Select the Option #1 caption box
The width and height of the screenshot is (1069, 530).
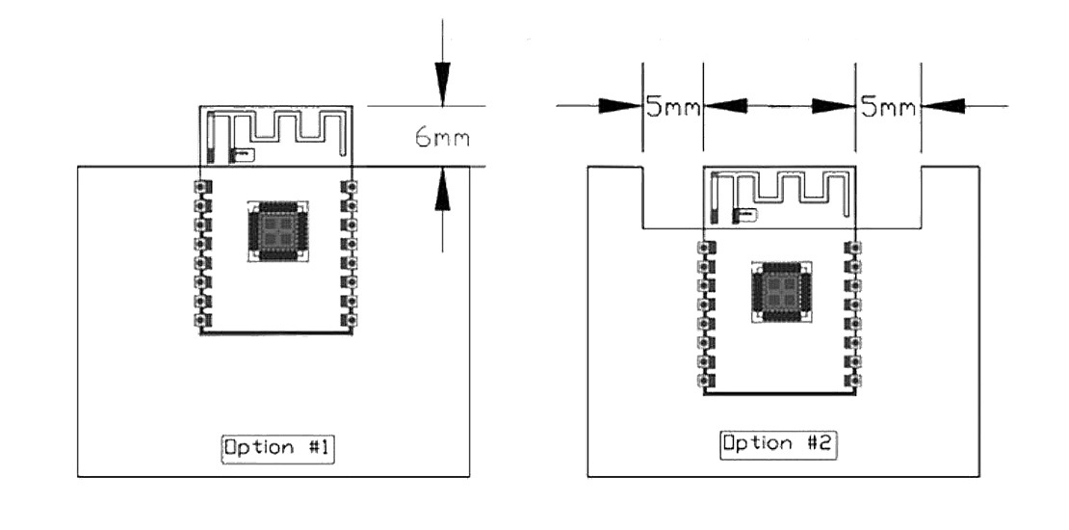(x=278, y=448)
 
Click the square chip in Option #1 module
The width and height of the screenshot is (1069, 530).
(x=278, y=231)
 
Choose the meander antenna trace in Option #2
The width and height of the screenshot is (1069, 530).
(x=785, y=187)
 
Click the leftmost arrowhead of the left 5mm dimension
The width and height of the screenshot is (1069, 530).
(x=619, y=106)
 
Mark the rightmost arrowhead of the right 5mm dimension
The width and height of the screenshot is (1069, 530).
(x=943, y=106)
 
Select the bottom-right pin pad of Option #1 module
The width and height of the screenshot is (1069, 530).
(x=351, y=319)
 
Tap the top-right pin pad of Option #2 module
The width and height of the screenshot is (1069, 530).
(x=852, y=249)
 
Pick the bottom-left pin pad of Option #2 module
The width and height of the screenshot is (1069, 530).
(x=705, y=382)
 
